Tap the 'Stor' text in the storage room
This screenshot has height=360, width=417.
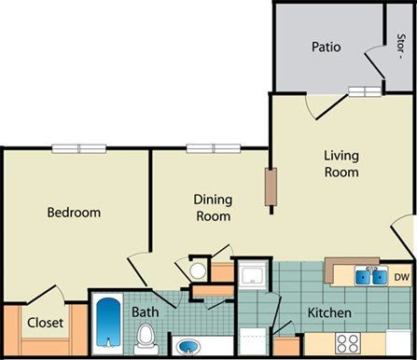tap(401, 44)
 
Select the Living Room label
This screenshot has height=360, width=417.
tap(341, 163)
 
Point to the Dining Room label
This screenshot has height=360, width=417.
tap(212, 207)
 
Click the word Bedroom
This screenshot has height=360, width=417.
tap(74, 213)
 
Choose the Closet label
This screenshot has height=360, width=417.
tap(45, 325)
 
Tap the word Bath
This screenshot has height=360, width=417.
tap(144, 312)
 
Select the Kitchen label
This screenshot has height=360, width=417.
tap(329, 312)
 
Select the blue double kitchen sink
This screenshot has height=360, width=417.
tap(368, 275)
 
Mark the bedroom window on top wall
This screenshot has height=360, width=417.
tap(79, 147)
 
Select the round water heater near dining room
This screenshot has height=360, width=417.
tap(197, 271)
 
